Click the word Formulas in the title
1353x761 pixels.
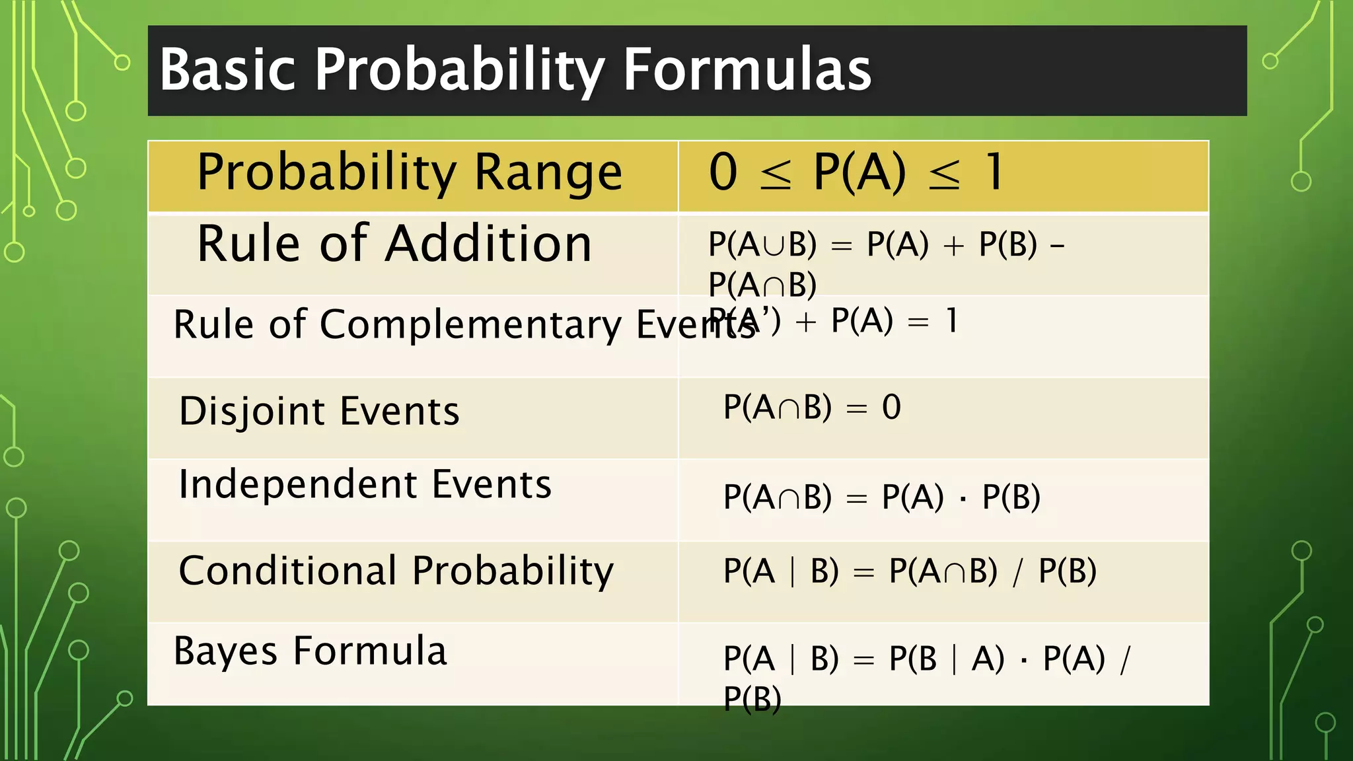click(747, 70)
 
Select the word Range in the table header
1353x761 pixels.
click(548, 172)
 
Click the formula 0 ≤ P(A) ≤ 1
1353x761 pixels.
click(856, 172)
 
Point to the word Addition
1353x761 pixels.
click(488, 244)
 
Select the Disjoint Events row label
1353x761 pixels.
click(319, 412)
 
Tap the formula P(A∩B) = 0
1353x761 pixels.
click(812, 407)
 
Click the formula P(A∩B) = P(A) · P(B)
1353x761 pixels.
click(881, 497)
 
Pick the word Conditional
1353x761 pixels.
click(288, 571)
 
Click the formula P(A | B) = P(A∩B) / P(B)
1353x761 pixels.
click(910, 571)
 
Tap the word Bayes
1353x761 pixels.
click(225, 651)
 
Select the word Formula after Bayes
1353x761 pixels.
click(370, 651)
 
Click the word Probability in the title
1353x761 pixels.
click(460, 70)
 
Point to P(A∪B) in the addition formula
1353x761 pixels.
click(762, 244)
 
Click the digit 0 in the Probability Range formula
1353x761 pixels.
click(723, 172)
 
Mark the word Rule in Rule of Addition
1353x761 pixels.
click(249, 244)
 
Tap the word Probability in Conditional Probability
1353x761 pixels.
click(513, 571)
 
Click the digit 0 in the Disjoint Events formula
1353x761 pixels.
click(891, 407)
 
